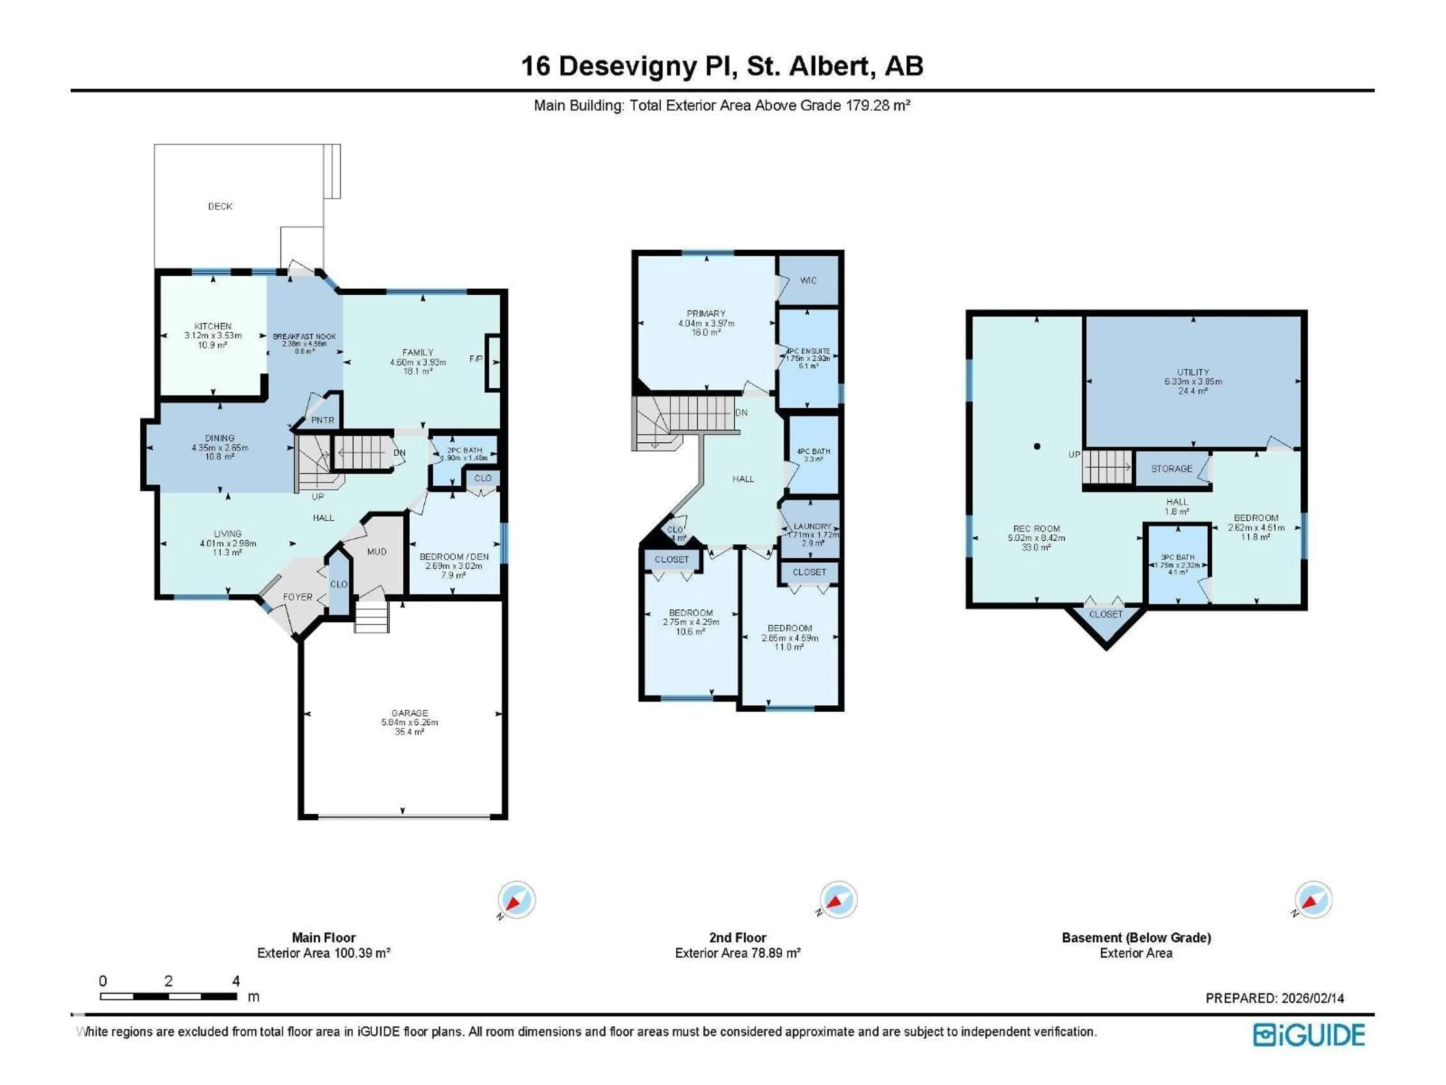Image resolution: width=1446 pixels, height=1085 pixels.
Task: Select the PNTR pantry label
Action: (x=322, y=420)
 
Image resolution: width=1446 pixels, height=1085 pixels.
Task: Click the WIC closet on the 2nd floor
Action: (x=808, y=281)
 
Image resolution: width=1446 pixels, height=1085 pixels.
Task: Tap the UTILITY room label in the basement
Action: (x=1193, y=372)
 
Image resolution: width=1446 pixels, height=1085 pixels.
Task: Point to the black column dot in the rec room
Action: (x=1037, y=447)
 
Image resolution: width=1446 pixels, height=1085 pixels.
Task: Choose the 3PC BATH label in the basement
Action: (x=1178, y=557)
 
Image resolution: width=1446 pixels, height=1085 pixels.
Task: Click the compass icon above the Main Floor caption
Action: (x=516, y=900)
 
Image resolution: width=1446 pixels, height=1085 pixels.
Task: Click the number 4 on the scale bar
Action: (x=236, y=981)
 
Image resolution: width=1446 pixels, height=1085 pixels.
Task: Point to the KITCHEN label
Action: (x=213, y=326)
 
